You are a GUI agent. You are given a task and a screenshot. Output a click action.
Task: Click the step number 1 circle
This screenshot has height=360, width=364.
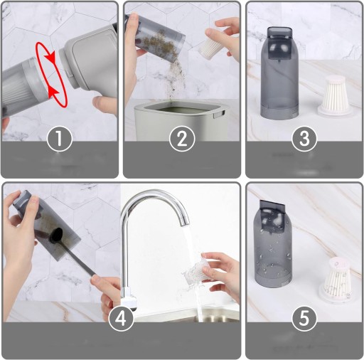(60, 139)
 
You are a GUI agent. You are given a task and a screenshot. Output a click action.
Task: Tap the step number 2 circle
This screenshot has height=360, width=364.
(182, 139)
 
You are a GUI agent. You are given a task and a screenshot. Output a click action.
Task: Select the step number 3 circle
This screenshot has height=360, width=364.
(304, 139)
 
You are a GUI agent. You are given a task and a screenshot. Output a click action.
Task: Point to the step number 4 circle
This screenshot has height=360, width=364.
(121, 318)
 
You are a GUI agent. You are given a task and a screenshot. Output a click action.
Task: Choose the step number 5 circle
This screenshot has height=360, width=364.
(304, 318)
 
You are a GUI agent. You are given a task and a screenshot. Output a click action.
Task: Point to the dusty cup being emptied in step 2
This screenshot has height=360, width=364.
(154, 37)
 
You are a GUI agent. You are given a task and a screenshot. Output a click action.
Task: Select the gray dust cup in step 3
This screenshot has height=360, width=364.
(279, 73)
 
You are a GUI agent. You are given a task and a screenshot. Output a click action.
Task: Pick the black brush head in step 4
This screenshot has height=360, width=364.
(56, 235)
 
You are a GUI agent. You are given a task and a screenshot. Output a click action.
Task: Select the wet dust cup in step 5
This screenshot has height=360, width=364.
(272, 244)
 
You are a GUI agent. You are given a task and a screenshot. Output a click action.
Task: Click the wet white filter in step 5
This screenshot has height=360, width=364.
(336, 280)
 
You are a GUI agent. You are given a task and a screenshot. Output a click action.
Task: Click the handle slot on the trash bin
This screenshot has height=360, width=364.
(218, 115)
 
